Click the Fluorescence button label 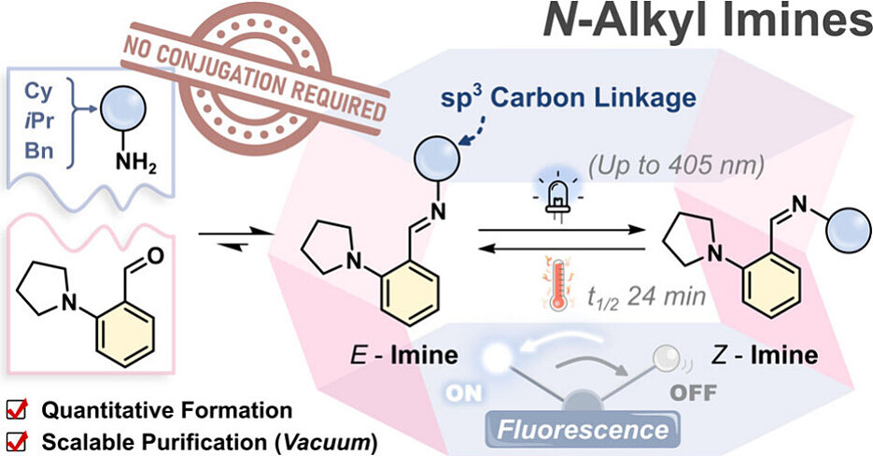pos(608,430)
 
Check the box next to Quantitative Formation pos(16,410)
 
